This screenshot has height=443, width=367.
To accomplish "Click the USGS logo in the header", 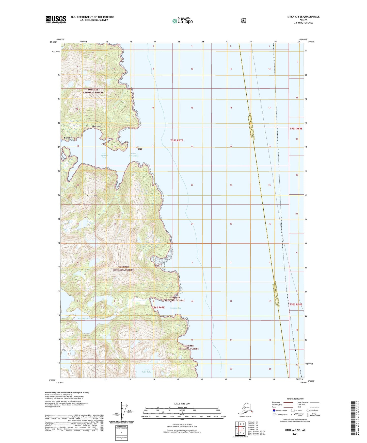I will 56,19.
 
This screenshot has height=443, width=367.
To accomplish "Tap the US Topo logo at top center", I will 182,21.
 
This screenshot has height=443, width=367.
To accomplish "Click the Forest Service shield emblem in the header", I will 243,21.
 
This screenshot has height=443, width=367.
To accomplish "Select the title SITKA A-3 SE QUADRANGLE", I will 302,17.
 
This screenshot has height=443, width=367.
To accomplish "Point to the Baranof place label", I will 69,138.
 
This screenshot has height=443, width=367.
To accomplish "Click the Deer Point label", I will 97,126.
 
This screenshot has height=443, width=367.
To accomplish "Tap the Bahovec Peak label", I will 92,196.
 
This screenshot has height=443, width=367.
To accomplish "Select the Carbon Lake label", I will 84,318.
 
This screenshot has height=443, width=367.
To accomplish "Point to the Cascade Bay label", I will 175,308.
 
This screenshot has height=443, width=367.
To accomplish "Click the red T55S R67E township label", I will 177,140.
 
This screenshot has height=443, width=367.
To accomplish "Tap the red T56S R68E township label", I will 296,304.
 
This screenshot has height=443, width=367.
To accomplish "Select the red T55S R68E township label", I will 296,129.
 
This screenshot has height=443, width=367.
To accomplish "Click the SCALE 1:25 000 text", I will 181,403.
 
